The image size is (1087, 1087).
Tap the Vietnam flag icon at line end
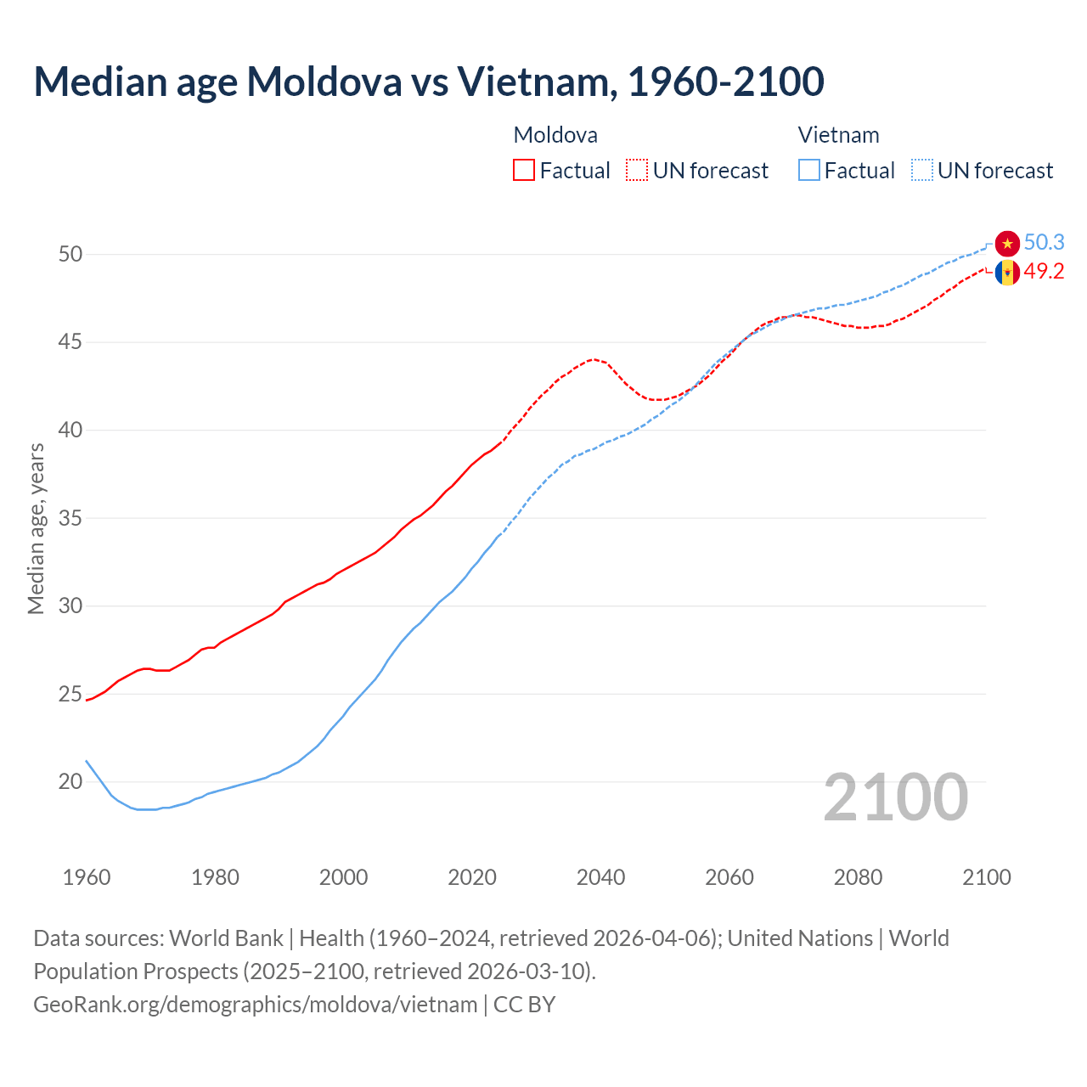1007,243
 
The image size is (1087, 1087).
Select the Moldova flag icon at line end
1007,273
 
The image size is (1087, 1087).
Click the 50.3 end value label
1044,242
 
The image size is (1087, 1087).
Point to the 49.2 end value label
1044,271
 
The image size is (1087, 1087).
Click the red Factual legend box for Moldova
524,171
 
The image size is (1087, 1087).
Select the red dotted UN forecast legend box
637,171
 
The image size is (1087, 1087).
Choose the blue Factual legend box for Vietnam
809,171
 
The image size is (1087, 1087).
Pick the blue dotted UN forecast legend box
922,171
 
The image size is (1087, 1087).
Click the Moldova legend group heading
555,135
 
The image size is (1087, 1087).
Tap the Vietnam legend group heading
838,135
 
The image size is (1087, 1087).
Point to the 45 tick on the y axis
70,342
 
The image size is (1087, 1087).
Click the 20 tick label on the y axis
70,782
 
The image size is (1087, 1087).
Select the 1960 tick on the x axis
87,877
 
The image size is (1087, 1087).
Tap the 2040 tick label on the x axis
600,877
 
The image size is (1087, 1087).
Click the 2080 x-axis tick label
858,877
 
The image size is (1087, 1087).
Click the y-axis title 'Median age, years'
36,528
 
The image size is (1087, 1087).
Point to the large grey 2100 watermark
896,797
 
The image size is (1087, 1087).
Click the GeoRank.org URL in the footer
256,1005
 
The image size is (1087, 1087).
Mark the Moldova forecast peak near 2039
594,359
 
